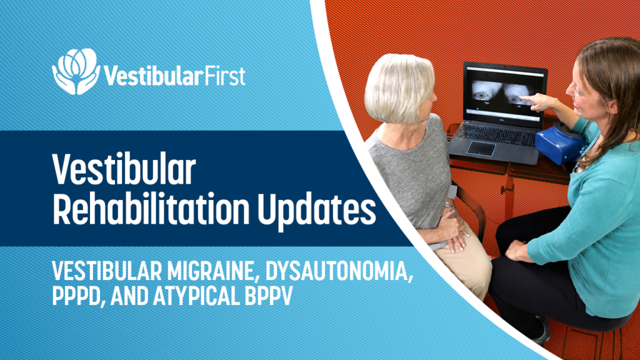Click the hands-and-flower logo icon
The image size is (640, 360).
coord(76,71)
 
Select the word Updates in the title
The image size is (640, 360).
coord(316,211)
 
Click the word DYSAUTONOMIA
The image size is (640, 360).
coord(337,271)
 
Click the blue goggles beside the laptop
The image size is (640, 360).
coord(560,144)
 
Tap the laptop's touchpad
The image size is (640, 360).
coord(481,148)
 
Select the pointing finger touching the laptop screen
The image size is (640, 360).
coord(526,98)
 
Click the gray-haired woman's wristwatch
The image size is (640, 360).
coord(449,204)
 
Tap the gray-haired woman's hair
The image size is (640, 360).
coord(398,87)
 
